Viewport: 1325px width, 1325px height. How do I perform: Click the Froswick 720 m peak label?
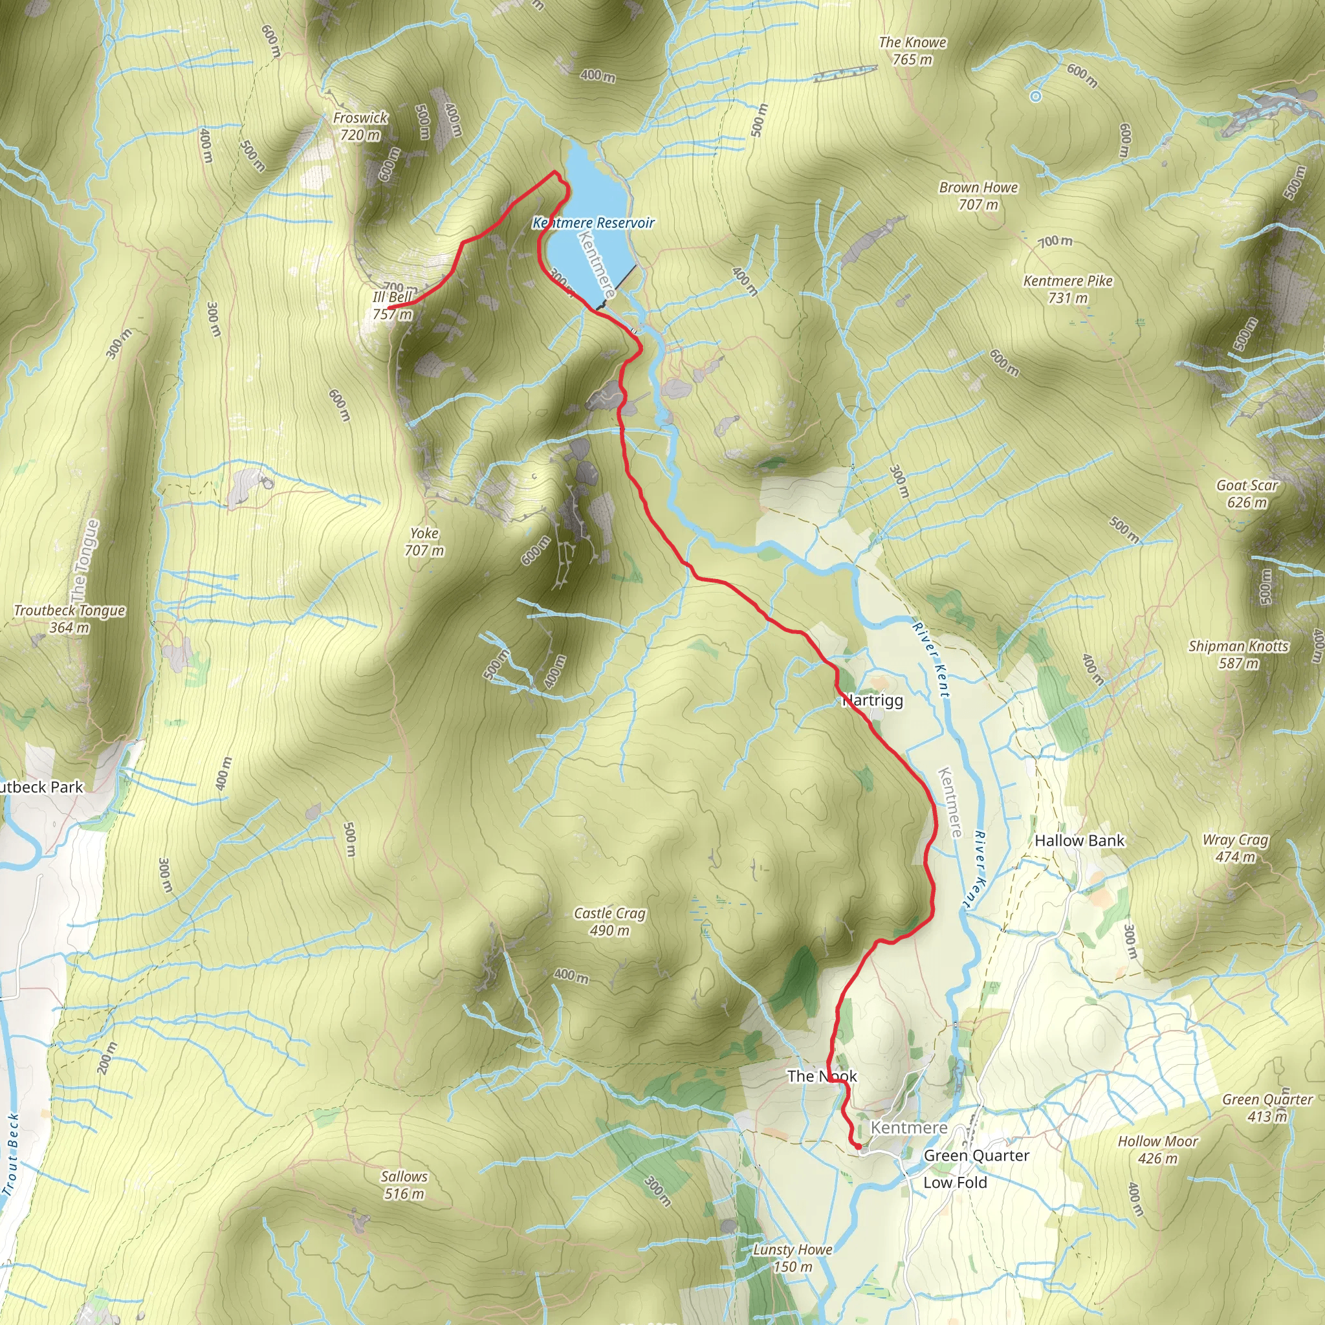tap(361, 126)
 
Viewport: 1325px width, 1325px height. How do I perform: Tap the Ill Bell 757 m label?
tap(392, 306)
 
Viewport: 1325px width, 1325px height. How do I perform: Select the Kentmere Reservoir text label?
tap(594, 223)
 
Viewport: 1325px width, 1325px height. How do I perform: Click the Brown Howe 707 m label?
tap(978, 196)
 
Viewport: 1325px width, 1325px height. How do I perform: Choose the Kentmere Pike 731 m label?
tap(1067, 289)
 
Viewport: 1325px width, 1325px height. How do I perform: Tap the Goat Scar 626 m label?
tap(1247, 494)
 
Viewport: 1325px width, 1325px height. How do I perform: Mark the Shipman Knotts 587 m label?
tap(1238, 654)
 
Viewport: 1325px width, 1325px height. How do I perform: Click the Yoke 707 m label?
tap(424, 542)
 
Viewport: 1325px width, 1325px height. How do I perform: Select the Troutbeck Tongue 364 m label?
tap(69, 619)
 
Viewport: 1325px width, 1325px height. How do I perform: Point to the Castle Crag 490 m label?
tap(609, 922)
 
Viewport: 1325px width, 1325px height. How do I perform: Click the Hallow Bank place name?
tap(1080, 841)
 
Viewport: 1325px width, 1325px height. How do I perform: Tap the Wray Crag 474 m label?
tap(1235, 848)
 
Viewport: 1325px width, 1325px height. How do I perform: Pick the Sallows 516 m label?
tap(404, 1185)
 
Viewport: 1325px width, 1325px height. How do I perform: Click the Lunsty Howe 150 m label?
tap(793, 1258)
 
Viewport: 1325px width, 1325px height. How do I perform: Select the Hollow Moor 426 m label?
tap(1157, 1150)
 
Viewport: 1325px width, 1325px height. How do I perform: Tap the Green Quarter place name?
tap(976, 1155)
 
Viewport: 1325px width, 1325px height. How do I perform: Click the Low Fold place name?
tap(955, 1183)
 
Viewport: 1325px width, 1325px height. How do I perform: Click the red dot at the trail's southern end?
tap(858, 1146)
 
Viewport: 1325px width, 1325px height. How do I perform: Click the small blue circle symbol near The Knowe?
tap(1036, 96)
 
